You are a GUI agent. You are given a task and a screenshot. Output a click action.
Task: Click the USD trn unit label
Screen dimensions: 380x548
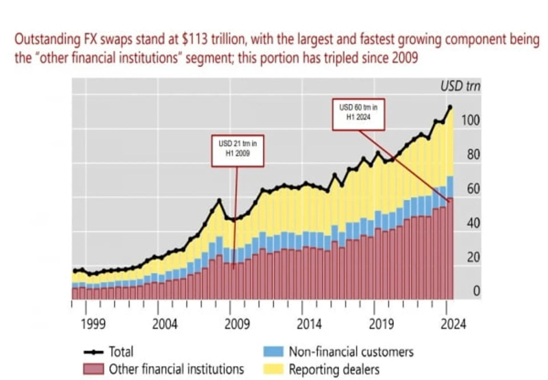click(460, 87)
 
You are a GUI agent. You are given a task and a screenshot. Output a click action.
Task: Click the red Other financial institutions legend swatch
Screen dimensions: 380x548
click(93, 369)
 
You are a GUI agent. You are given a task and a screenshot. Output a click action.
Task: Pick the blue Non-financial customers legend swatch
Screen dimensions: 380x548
click(273, 352)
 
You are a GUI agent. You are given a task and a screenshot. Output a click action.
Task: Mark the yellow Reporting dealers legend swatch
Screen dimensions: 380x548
click(273, 369)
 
